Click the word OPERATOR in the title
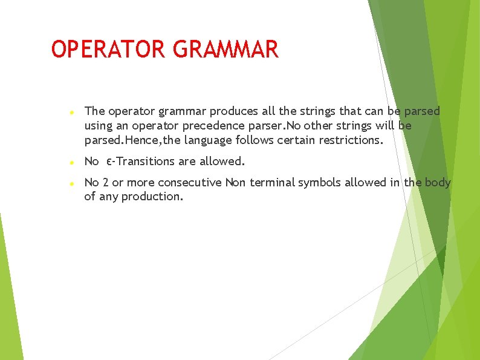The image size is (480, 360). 108,50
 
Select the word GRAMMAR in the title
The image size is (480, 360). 225,50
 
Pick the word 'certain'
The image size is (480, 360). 297,140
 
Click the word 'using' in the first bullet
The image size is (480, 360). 97,126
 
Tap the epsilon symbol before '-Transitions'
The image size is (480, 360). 108,162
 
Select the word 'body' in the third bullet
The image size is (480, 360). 437,182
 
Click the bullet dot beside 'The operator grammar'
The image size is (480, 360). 71,113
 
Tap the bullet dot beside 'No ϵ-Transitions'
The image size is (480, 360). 71,163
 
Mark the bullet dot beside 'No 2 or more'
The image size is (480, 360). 71,183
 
